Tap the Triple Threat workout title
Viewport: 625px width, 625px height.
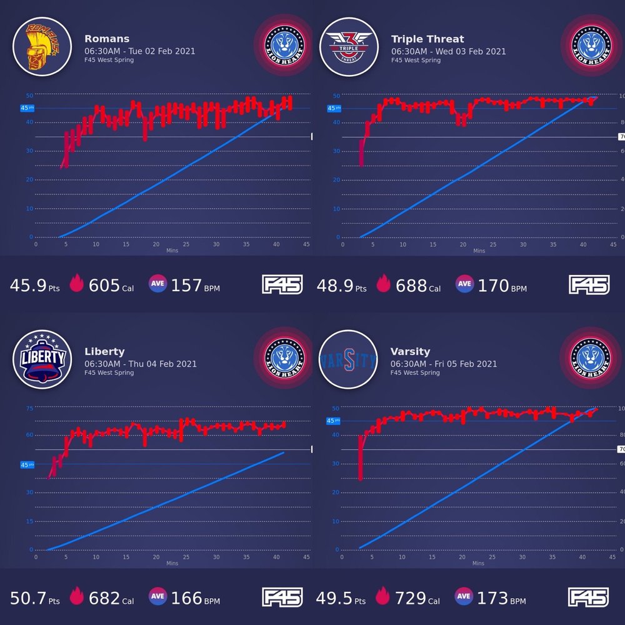tap(427, 39)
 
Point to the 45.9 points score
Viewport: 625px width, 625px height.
tap(28, 286)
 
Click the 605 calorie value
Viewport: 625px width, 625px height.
tap(104, 286)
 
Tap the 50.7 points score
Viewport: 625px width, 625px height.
tap(28, 598)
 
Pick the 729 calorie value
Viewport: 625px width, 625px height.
tap(410, 598)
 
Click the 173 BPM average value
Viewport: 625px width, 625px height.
tap(492, 598)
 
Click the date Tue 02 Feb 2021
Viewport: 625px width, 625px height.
tap(162, 51)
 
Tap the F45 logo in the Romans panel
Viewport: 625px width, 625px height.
tap(282, 285)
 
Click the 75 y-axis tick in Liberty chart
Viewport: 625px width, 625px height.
tap(29, 408)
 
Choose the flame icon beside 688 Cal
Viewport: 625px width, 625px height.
tap(382, 285)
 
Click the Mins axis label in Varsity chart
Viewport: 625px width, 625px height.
tap(479, 563)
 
